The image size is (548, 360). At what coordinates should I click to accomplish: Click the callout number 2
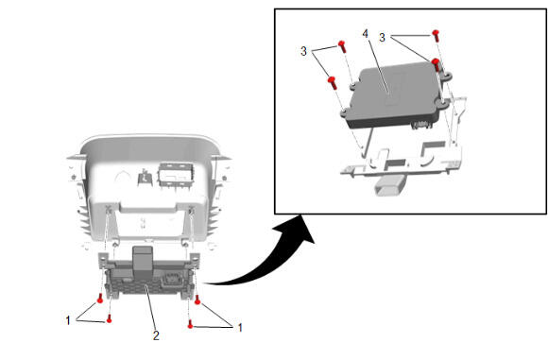point(156,335)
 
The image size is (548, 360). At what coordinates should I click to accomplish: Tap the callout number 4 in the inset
point(366,34)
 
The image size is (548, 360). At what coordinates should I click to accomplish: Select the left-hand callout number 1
point(68,320)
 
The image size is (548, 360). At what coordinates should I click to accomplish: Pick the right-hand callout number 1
point(240,328)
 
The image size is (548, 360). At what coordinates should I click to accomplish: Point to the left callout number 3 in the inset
point(303,51)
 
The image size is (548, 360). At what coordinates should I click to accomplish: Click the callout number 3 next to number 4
point(382,38)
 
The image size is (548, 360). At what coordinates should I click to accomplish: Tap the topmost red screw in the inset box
point(436,36)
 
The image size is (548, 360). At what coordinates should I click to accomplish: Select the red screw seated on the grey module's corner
point(437,65)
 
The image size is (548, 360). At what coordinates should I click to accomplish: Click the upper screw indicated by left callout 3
point(342,46)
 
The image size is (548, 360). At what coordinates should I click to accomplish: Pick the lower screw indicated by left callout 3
point(332,82)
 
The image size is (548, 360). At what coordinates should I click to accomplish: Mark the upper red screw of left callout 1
point(100,299)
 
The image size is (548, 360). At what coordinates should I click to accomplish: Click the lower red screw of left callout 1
point(109,318)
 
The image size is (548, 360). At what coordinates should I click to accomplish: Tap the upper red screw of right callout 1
point(197,300)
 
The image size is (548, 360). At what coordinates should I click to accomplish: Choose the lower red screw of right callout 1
point(190,324)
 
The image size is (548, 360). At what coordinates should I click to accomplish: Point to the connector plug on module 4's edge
point(420,125)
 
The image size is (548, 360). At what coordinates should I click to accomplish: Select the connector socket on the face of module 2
point(169,280)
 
